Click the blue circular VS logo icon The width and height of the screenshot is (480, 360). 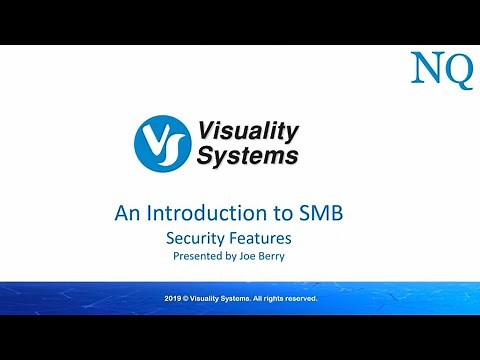pos(161,143)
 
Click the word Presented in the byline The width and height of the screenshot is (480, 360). pos(200,257)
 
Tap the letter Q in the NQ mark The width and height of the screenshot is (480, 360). pos(457,71)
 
